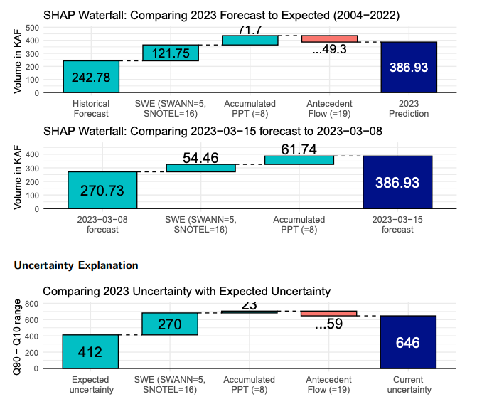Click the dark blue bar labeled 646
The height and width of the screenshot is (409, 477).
pyautogui.click(x=408, y=342)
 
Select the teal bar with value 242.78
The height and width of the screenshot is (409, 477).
pyautogui.click(x=91, y=76)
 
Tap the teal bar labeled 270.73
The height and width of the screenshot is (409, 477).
pyautogui.click(x=102, y=190)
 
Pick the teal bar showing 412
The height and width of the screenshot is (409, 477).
pyautogui.click(x=90, y=351)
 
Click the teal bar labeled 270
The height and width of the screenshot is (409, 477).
pyautogui.click(x=170, y=324)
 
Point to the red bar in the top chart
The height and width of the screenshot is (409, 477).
pyautogui.click(x=329, y=39)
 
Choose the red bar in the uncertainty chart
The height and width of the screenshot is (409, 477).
pyautogui.click(x=328, y=313)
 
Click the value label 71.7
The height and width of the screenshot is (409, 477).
pyautogui.click(x=250, y=30)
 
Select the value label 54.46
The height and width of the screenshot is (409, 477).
pyautogui.click(x=200, y=157)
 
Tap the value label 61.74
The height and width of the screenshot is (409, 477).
pyautogui.click(x=299, y=149)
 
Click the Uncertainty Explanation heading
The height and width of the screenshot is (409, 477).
pyautogui.click(x=76, y=265)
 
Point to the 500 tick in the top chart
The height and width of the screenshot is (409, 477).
pyautogui.click(x=33, y=27)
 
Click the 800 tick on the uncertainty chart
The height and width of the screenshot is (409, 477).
pyautogui.click(x=33, y=303)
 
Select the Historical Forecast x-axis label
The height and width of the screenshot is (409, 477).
pyautogui.click(x=91, y=109)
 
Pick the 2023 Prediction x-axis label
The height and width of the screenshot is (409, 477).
pyautogui.click(x=409, y=109)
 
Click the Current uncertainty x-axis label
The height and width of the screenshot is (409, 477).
pyautogui.click(x=409, y=385)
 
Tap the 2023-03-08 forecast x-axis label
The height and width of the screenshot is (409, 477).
pyautogui.click(x=102, y=225)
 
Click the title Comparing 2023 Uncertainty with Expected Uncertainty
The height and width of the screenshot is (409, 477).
pyautogui.click(x=187, y=291)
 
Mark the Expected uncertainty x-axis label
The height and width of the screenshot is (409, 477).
pyautogui.click(x=90, y=385)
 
